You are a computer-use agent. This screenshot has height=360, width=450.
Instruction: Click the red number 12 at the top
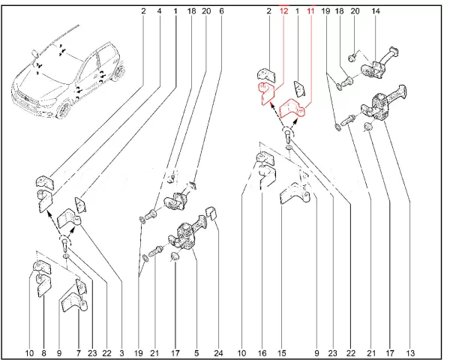(x=283, y=11)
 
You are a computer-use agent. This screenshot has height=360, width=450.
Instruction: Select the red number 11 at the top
(x=310, y=11)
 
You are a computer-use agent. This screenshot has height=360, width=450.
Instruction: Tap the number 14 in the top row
(x=376, y=11)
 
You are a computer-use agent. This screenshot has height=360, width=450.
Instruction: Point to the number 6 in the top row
(x=221, y=11)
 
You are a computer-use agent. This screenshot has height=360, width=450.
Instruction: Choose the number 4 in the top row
(x=160, y=11)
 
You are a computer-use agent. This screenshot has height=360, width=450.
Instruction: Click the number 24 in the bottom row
(x=219, y=352)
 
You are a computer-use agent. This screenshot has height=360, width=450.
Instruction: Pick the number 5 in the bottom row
(x=196, y=352)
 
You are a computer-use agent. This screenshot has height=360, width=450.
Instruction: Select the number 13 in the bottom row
(x=410, y=352)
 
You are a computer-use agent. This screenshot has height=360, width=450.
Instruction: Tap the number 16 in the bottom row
(x=262, y=352)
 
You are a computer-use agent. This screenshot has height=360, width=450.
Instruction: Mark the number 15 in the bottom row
(x=282, y=352)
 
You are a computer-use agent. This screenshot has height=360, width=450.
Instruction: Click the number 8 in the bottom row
(x=44, y=352)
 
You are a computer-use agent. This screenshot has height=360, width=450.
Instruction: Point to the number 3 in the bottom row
(x=121, y=352)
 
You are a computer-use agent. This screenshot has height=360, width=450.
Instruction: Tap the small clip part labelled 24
(x=211, y=213)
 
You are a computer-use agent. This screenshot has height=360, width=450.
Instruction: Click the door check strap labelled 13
(x=383, y=104)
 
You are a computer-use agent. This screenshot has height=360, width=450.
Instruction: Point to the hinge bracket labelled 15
(x=294, y=193)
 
